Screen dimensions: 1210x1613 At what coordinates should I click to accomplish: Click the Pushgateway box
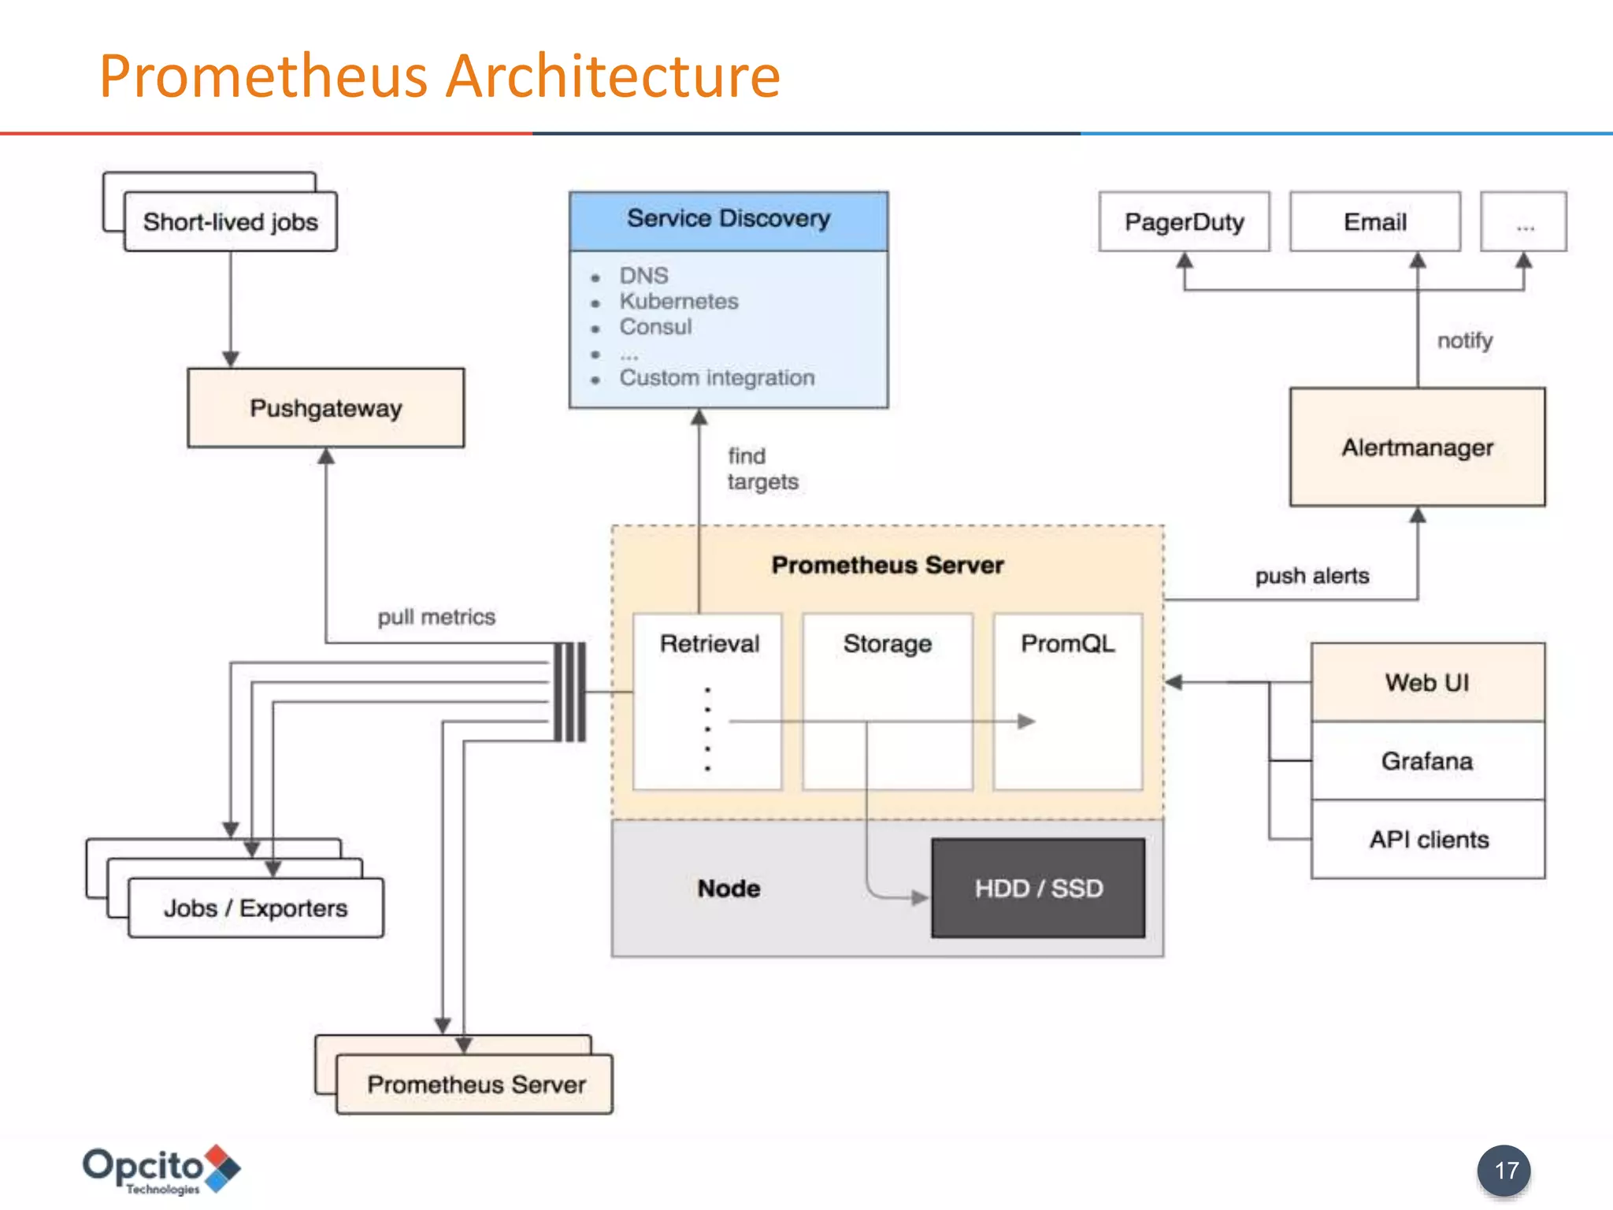325,408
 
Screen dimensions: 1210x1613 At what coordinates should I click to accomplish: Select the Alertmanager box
1417,447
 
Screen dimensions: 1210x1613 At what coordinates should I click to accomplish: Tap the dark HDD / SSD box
1038,888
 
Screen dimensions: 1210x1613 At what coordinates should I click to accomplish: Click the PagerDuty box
1184,221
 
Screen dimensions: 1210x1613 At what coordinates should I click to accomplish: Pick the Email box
1374,221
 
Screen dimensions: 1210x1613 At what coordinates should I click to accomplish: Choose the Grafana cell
1427,761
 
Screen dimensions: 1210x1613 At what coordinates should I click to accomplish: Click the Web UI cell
1427,682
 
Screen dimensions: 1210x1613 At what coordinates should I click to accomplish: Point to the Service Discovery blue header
729,220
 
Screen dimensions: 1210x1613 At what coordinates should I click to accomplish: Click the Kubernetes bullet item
678,301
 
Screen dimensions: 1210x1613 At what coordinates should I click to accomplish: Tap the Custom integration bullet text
717,378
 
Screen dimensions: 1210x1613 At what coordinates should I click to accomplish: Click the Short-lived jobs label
230,222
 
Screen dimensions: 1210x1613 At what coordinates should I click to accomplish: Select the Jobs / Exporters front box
255,908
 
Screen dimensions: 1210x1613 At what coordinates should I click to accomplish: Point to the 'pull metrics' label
436,617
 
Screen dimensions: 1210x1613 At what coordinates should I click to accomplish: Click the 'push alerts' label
1312,576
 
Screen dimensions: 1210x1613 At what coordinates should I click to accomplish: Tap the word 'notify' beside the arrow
1464,340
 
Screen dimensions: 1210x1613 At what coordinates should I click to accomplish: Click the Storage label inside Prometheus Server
888,644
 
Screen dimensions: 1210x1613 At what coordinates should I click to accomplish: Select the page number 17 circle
1504,1171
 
